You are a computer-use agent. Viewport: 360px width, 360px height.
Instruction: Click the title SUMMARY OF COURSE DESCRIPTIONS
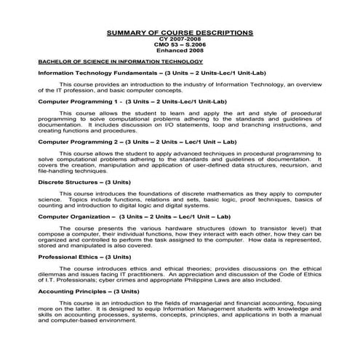pyautogui.click(x=180, y=33)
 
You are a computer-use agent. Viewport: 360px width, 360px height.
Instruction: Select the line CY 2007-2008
pyautogui.click(x=180, y=39)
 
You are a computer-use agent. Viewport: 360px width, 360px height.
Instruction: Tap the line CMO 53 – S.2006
pyautogui.click(x=180, y=45)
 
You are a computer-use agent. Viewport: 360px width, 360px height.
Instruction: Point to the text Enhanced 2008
pyautogui.click(x=180, y=51)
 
